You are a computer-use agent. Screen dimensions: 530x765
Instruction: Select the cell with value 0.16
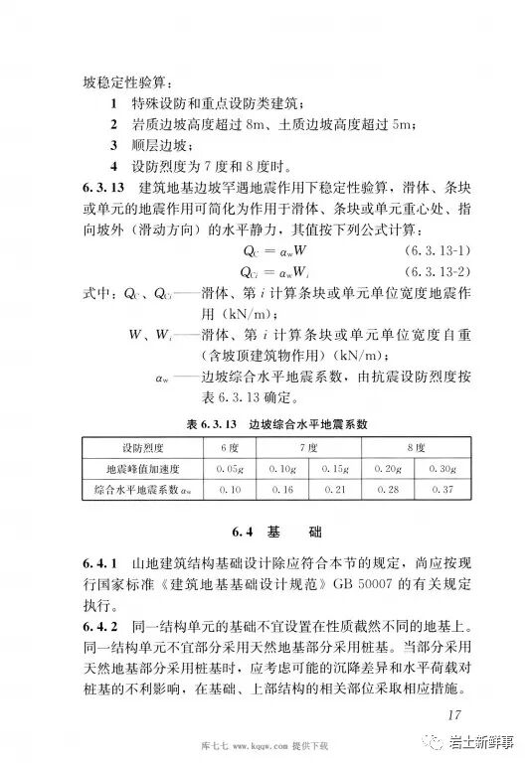(x=282, y=490)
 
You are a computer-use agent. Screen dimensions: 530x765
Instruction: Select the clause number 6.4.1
(x=102, y=563)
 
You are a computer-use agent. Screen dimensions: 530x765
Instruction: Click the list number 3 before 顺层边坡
(x=115, y=145)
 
